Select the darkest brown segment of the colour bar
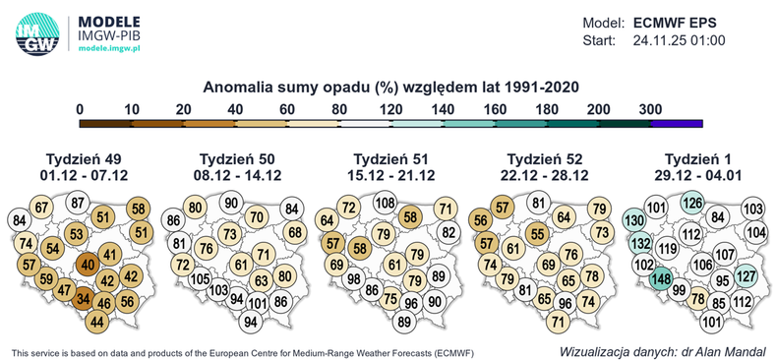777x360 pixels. point(104,123)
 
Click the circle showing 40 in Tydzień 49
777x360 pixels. point(89,263)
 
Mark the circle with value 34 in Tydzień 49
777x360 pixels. point(85,299)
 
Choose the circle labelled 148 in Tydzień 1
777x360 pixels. point(660,281)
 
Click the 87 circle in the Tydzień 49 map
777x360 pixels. point(80,204)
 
